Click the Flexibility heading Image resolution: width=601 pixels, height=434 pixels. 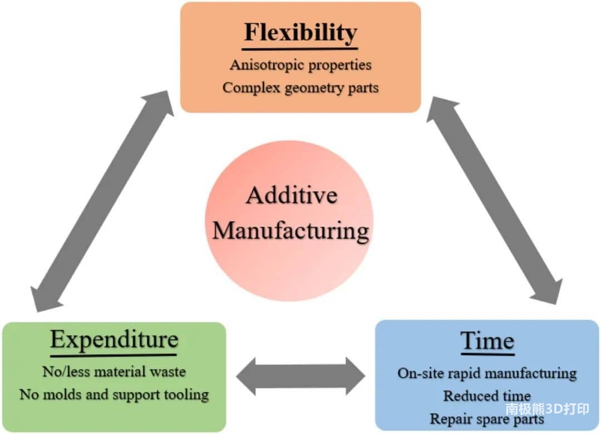coord(300,32)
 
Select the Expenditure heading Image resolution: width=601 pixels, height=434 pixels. coord(114,340)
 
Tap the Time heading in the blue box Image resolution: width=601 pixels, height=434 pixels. coord(487,340)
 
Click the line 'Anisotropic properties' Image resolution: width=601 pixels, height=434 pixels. coord(300,65)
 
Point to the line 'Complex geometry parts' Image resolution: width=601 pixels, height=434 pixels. coord(300,88)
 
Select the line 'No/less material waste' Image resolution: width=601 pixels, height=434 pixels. coord(114,372)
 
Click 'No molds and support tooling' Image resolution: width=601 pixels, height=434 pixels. coord(114,394)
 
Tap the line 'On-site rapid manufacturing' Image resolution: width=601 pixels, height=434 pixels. coord(487,373)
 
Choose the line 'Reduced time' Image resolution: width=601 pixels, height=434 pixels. coord(487,396)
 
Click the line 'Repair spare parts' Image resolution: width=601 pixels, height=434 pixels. coord(487,418)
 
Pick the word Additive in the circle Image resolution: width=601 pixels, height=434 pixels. coord(292,196)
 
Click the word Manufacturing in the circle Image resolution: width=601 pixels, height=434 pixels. coord(290,231)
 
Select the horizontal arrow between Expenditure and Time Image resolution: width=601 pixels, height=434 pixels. coord(301,377)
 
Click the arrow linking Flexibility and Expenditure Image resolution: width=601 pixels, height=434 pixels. coord(102,201)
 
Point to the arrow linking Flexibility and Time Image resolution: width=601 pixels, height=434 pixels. coord(495,201)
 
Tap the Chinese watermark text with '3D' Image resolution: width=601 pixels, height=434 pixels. coord(548,409)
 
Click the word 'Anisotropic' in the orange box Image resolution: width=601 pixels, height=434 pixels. coord(267,65)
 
